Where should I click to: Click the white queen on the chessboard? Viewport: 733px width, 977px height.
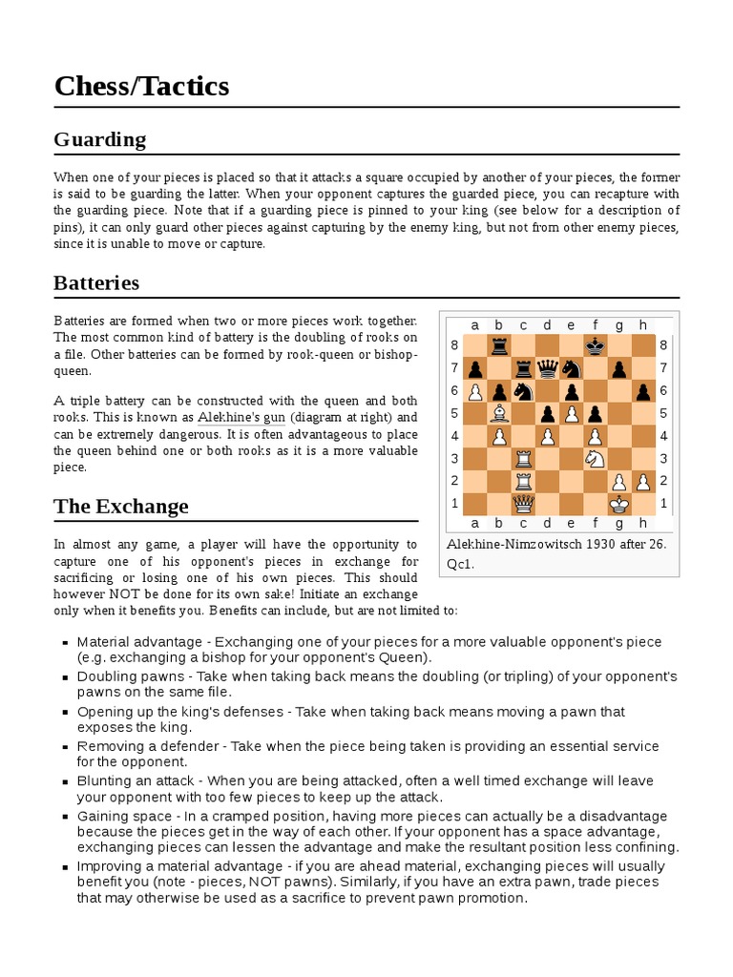tap(522, 504)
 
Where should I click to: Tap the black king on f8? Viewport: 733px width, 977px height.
tap(596, 344)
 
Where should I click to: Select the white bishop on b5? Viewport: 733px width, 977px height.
tap(498, 413)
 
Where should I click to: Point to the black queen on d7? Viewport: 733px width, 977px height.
tap(546, 367)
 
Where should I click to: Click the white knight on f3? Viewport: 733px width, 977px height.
tap(596, 459)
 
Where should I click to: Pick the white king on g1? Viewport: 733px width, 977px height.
tap(619, 504)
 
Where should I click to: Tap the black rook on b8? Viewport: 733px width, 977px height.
tap(498, 344)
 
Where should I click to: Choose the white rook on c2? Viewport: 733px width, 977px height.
tap(522, 481)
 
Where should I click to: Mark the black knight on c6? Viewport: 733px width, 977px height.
tap(522, 390)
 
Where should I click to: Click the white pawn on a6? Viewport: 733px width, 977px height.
tap(474, 390)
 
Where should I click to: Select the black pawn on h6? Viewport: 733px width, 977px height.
tap(643, 390)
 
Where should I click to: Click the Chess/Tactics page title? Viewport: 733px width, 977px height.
tap(141, 87)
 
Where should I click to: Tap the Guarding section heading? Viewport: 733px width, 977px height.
tap(100, 139)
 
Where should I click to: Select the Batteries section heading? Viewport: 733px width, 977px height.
tap(96, 283)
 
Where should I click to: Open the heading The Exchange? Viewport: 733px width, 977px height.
tap(121, 507)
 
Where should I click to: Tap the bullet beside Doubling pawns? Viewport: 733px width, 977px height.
tap(63, 676)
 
